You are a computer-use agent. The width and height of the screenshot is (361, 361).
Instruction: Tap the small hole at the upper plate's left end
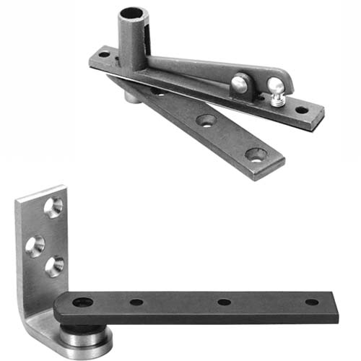point(103,54)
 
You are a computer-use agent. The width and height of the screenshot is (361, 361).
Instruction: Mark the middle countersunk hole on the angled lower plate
point(206,120)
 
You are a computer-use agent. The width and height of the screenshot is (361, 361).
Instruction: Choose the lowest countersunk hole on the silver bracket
point(54,266)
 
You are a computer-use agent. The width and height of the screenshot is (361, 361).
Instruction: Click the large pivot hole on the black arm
point(82,303)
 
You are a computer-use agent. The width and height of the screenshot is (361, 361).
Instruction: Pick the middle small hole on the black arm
point(224,302)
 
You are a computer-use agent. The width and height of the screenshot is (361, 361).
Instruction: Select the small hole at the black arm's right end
point(312,302)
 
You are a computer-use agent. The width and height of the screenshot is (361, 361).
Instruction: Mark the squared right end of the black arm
point(336,303)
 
